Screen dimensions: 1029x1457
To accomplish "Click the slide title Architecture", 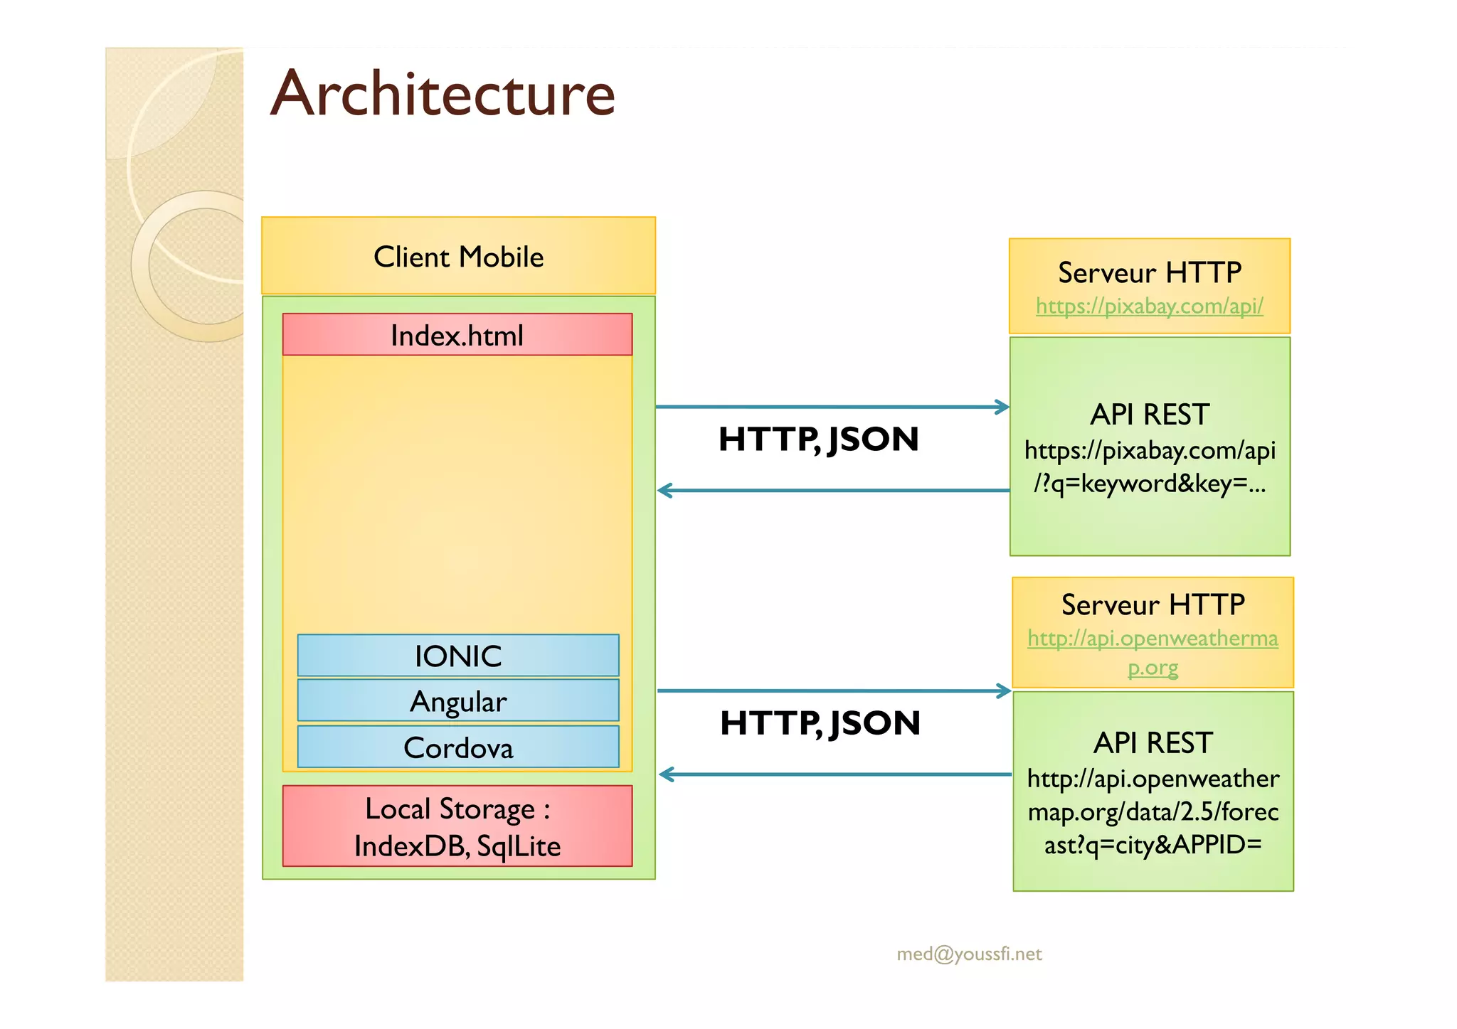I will coord(443,95).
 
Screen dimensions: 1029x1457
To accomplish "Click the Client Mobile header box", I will coord(458,257).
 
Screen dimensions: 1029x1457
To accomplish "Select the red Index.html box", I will coord(457,335).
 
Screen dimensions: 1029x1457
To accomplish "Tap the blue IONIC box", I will coord(458,656).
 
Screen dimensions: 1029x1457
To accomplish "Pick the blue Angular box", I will coord(458,701).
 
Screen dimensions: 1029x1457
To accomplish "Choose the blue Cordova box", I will coord(458,747).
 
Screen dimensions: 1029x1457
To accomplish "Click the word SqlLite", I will coord(519,846).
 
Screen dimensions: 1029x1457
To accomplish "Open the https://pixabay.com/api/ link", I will coord(1149,306).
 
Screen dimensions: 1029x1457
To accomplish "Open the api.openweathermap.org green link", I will coord(1153,639).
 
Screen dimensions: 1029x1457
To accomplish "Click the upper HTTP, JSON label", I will coord(818,439).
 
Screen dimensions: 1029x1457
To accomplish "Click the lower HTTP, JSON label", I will coord(820,723).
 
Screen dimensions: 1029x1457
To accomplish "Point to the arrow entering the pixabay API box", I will coord(832,407).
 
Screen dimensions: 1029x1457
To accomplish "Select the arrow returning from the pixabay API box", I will coord(832,491).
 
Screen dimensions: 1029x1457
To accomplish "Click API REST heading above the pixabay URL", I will coord(1149,415).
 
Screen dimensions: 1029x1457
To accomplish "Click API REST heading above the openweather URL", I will coord(1153,743).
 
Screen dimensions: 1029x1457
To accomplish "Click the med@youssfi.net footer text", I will coord(969,954).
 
